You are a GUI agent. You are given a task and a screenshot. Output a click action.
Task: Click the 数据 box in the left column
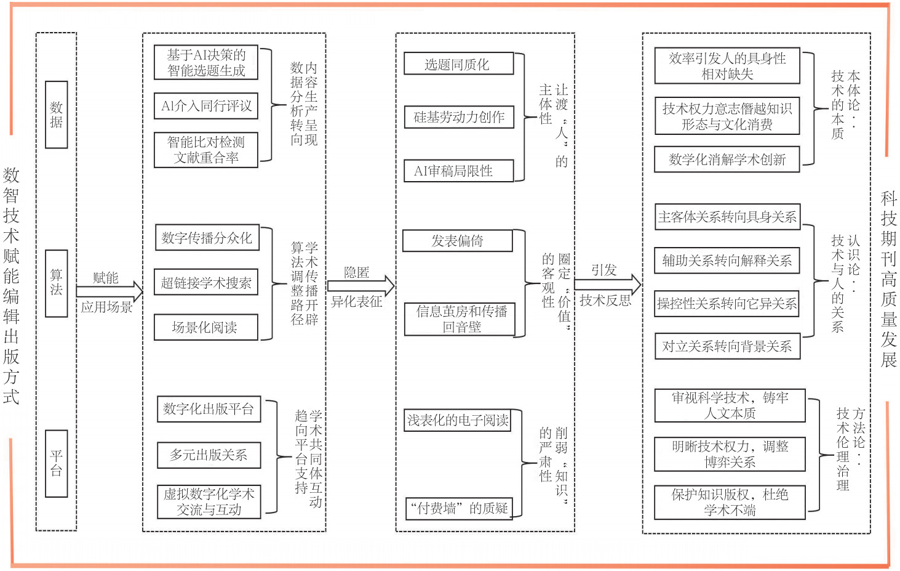[x=56, y=115]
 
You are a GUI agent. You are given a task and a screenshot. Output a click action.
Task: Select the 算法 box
[x=56, y=283]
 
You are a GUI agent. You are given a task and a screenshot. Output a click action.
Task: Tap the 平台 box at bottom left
[x=56, y=463]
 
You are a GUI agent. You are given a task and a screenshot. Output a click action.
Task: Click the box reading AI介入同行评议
[x=205, y=106]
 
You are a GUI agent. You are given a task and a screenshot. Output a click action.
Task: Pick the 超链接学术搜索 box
[x=205, y=283]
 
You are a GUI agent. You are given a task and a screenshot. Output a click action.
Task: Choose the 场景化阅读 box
[x=205, y=328]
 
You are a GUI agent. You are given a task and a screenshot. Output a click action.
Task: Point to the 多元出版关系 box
[x=209, y=455]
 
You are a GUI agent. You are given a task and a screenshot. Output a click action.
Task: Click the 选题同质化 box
[x=458, y=64]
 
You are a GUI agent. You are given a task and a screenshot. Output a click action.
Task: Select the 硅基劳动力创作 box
[x=458, y=117]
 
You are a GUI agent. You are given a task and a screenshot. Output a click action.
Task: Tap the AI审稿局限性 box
[x=458, y=171]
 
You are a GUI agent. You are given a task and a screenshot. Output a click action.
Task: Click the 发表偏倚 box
[x=457, y=241]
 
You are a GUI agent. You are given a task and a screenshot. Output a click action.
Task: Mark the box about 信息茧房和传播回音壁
[x=460, y=319]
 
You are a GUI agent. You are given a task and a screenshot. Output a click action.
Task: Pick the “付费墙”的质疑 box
[x=459, y=508]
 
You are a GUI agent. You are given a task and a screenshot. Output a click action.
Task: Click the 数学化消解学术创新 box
[x=727, y=160]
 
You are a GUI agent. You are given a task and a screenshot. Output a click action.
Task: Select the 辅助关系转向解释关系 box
[x=727, y=261]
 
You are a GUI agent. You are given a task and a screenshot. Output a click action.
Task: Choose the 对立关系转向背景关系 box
[x=727, y=347]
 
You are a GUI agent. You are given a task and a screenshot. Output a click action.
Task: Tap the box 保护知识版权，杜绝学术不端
[x=730, y=502]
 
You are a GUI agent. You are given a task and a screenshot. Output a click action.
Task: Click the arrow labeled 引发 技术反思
[x=608, y=285]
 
